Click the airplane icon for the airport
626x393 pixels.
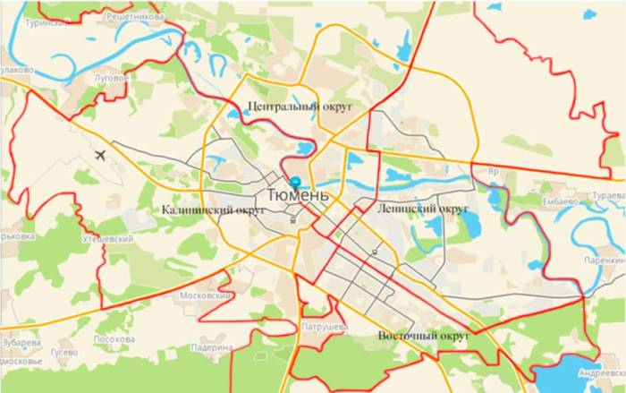[x=99, y=155]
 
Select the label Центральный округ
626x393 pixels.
[x=300, y=107]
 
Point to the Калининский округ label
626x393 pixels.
[x=215, y=210]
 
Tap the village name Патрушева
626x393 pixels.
[x=324, y=328]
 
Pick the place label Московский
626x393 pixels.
[x=207, y=295]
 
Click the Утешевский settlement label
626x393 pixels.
[x=109, y=240]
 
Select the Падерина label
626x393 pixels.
[x=211, y=346]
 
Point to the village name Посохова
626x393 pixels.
[x=114, y=340]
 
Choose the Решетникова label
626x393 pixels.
[x=134, y=16]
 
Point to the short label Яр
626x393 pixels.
[x=491, y=170]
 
